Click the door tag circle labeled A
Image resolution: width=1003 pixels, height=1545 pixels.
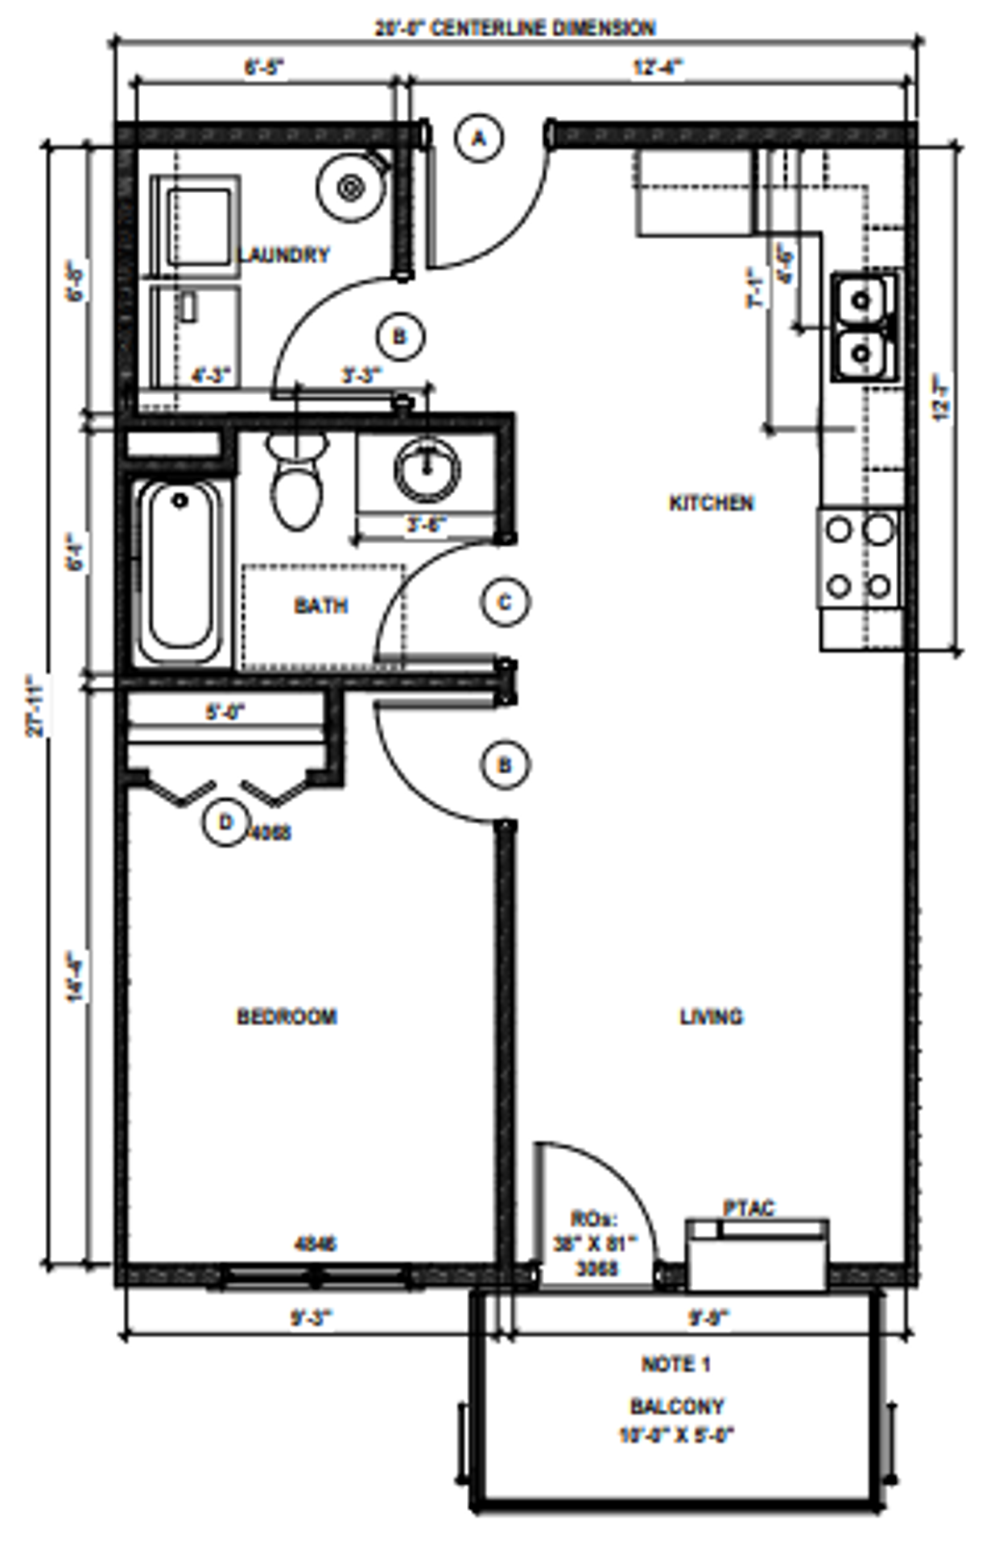pyautogui.click(x=479, y=138)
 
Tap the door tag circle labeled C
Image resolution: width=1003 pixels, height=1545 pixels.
pyautogui.click(x=506, y=603)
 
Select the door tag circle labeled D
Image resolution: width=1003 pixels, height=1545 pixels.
pyautogui.click(x=226, y=823)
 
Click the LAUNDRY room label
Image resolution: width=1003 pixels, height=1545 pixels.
pyautogui.click(x=283, y=255)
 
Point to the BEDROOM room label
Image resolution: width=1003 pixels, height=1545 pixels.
pyautogui.click(x=287, y=1016)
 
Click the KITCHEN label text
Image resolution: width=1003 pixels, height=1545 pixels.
pyautogui.click(x=712, y=503)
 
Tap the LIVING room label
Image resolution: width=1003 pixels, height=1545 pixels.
pyautogui.click(x=712, y=1016)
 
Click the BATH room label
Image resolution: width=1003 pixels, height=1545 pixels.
pyautogui.click(x=320, y=605)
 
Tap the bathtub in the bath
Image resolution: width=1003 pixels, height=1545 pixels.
pyautogui.click(x=180, y=571)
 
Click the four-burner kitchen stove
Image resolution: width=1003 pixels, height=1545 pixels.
pyautogui.click(x=860, y=558)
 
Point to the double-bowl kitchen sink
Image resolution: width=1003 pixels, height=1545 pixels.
pyautogui.click(x=863, y=328)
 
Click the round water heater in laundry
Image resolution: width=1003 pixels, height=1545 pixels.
pyautogui.click(x=350, y=188)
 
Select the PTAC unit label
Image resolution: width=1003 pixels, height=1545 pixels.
pyautogui.click(x=749, y=1208)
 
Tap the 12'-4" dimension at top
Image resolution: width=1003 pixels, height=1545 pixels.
pyautogui.click(x=658, y=68)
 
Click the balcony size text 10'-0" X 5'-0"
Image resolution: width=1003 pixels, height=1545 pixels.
pyautogui.click(x=676, y=1435)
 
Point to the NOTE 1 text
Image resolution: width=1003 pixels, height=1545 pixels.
pyautogui.click(x=675, y=1364)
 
